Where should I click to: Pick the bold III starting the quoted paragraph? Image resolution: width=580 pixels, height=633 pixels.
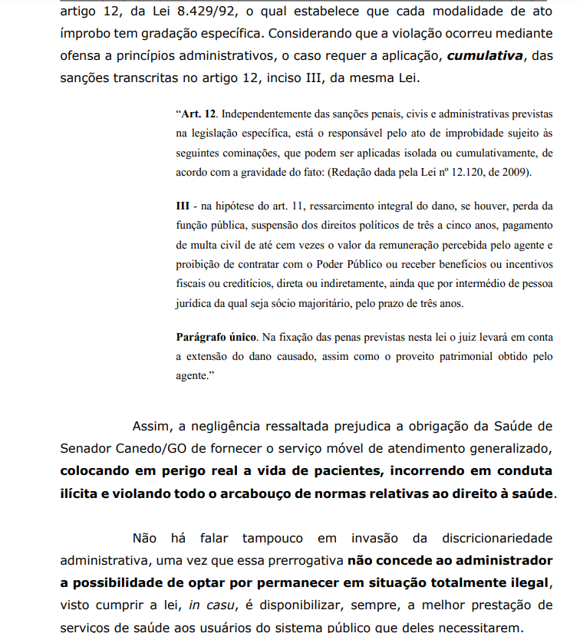click(183, 206)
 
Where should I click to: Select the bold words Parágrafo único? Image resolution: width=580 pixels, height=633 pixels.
click(216, 338)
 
